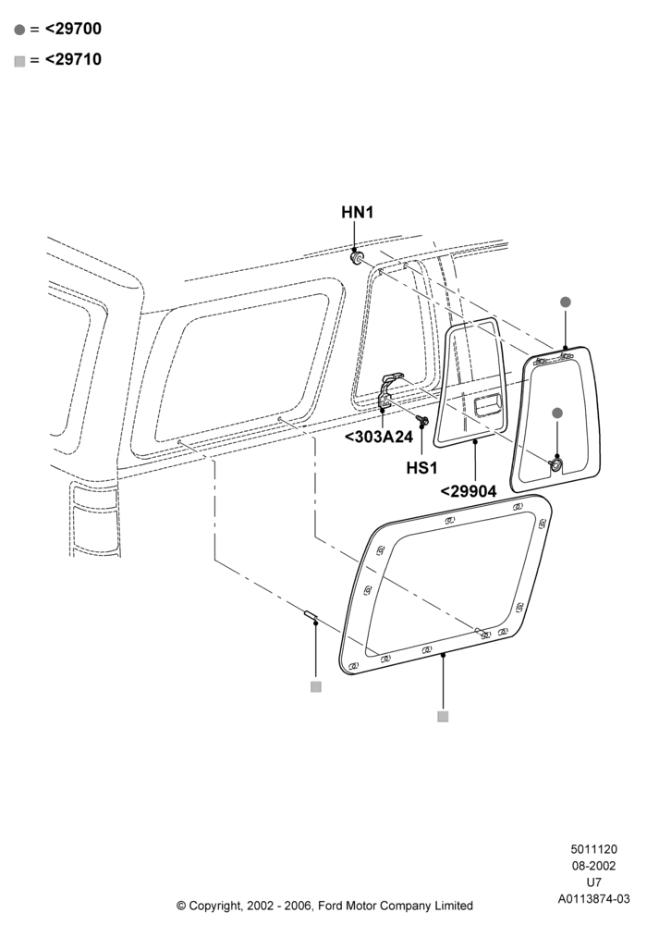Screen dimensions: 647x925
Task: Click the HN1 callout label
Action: (357, 213)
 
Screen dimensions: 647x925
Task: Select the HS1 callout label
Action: (421, 468)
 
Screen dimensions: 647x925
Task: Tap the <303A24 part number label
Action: (378, 438)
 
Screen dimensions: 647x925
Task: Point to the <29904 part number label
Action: (469, 491)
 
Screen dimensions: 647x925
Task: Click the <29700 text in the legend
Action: (73, 29)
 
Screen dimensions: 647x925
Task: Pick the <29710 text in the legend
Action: (73, 59)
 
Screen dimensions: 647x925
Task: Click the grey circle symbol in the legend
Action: (20, 30)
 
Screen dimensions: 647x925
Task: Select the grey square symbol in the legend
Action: (20, 61)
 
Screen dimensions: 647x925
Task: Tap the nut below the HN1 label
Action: (356, 258)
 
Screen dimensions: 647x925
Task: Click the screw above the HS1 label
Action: (421, 420)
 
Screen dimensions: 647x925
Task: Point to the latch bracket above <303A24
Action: (389, 390)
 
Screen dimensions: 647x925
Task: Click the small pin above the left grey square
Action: (311, 616)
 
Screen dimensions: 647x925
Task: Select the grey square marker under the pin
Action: (316, 686)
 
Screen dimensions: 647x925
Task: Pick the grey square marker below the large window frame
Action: (443, 716)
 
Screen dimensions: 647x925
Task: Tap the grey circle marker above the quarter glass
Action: (565, 302)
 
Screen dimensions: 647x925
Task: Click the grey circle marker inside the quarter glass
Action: (556, 413)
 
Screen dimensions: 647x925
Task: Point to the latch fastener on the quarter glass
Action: (555, 464)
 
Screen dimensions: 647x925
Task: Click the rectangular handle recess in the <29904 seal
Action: (487, 406)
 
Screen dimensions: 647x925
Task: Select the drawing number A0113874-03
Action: (594, 899)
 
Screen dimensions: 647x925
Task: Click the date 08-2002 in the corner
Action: (594, 866)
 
